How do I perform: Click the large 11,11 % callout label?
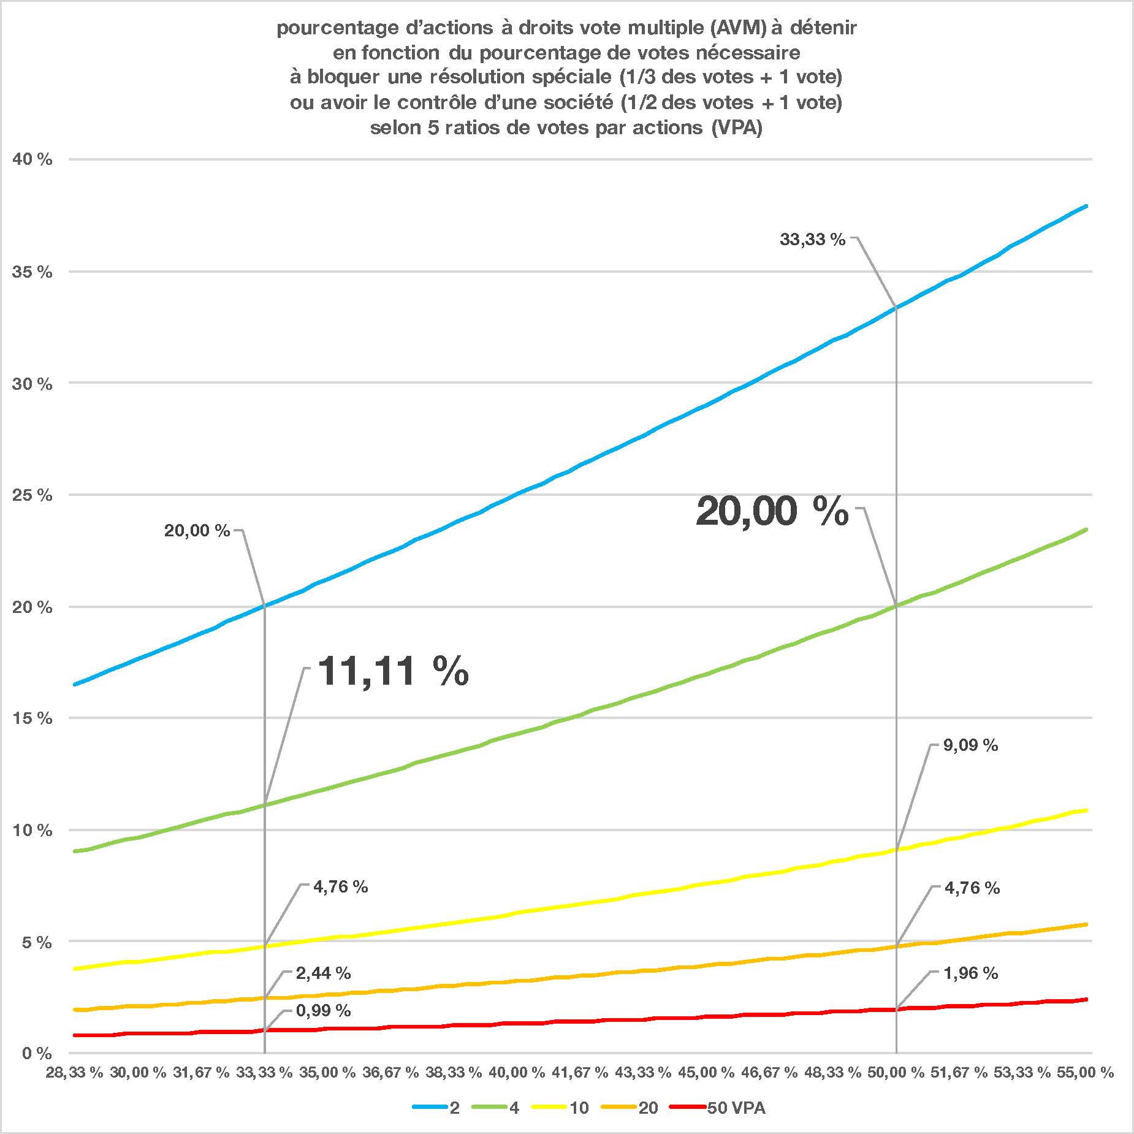[x=394, y=671]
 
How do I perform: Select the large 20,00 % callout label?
[x=772, y=511]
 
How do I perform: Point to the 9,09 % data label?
[x=970, y=745]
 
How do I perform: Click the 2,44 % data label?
[x=323, y=973]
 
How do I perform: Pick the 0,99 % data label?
[x=323, y=1011]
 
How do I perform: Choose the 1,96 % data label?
[x=970, y=973]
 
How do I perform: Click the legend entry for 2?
[x=454, y=1108]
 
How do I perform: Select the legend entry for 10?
[x=579, y=1108]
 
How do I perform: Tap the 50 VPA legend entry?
[x=736, y=1108]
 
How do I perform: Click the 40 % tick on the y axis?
[x=32, y=160]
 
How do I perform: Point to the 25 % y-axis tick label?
[x=32, y=495]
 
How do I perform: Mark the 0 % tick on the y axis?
[x=36, y=1054]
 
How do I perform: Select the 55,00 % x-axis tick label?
[x=1084, y=1073]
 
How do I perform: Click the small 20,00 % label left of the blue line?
[x=197, y=531]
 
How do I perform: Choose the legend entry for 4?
[x=514, y=1108]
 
